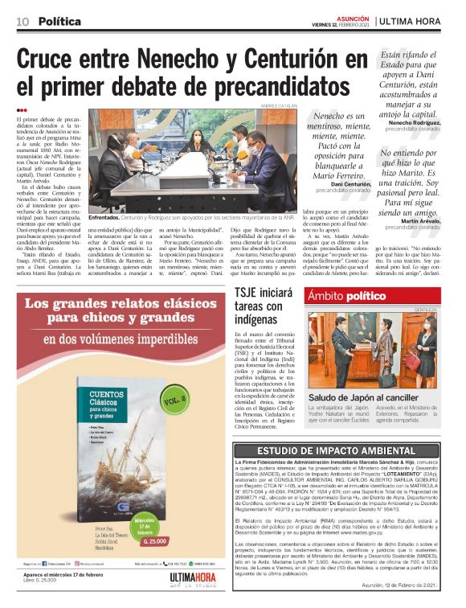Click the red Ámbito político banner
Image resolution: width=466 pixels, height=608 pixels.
pyautogui.click(x=345, y=296)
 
